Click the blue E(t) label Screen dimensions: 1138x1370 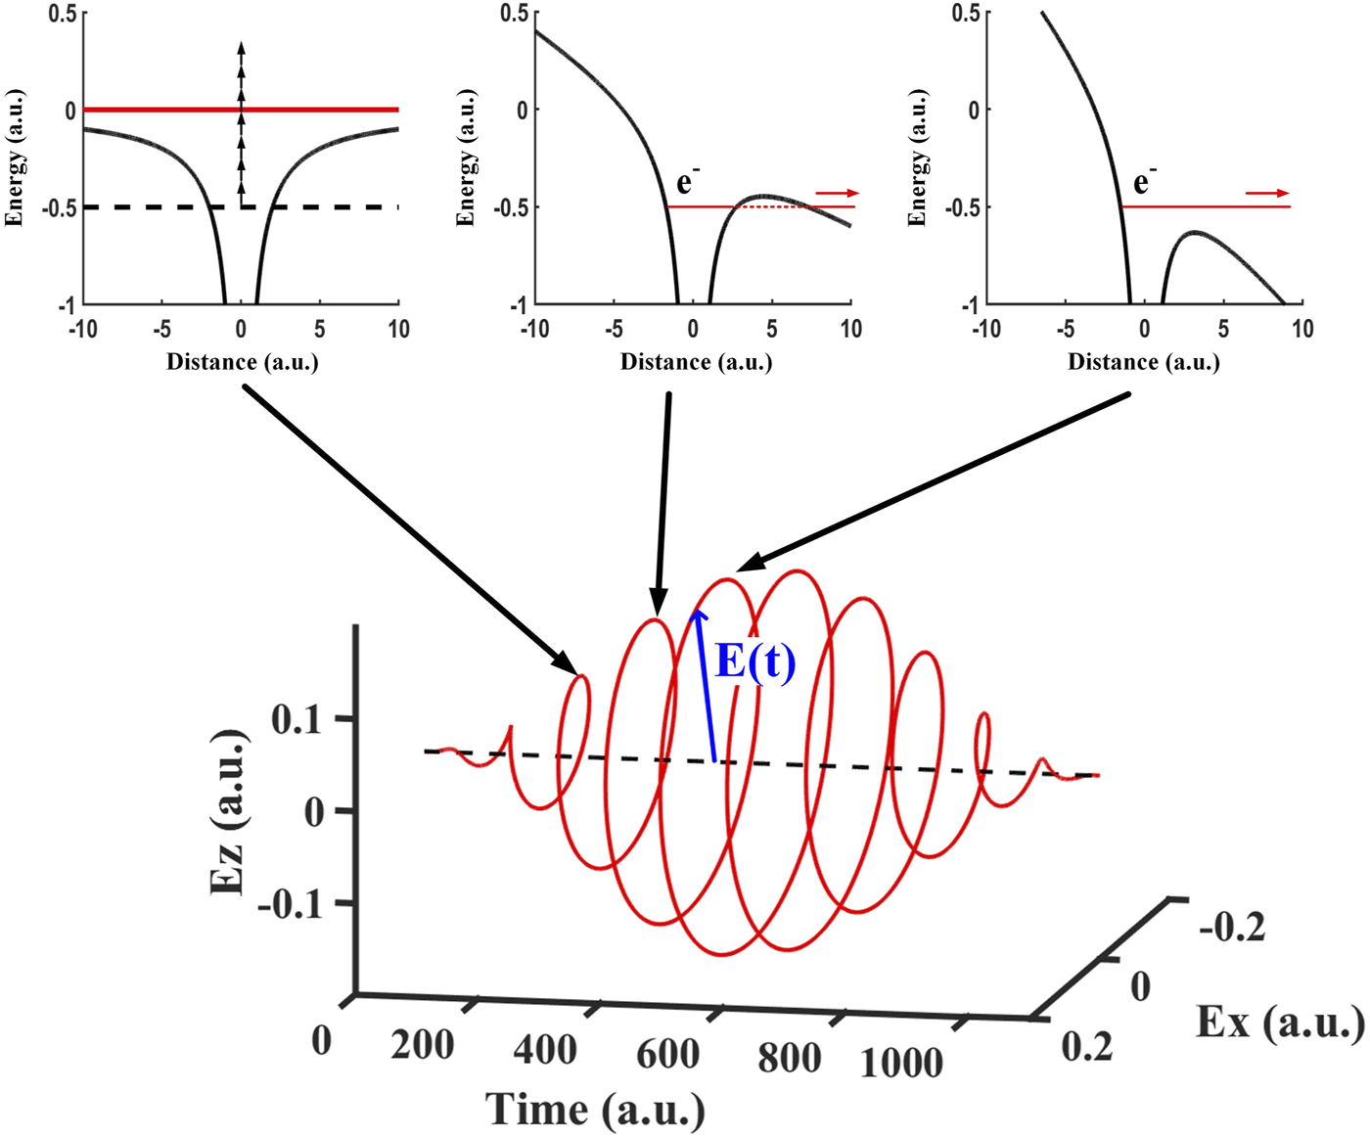pyautogui.click(x=755, y=661)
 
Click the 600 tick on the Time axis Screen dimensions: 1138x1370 pyautogui.click(x=667, y=1055)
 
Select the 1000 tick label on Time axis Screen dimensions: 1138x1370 pyautogui.click(x=900, y=1063)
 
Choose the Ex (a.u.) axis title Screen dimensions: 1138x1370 pyautogui.click(x=1279, y=1023)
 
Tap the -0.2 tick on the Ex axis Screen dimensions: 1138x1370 pyautogui.click(x=1232, y=927)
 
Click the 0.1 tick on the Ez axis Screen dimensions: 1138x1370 pyautogui.click(x=297, y=720)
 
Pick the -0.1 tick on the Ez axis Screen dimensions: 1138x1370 pyautogui.click(x=290, y=903)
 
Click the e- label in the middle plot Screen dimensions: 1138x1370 pyautogui.click(x=688, y=182)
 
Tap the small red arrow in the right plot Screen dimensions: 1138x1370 pyautogui.click(x=1267, y=194)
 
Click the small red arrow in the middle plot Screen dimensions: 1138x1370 pyautogui.click(x=837, y=194)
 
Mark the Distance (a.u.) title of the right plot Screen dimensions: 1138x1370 pyautogui.click(x=1143, y=363)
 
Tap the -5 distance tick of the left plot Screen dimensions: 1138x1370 pyautogui.click(x=161, y=330)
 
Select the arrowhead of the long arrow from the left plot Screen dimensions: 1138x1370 pyautogui.click(x=569, y=664)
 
